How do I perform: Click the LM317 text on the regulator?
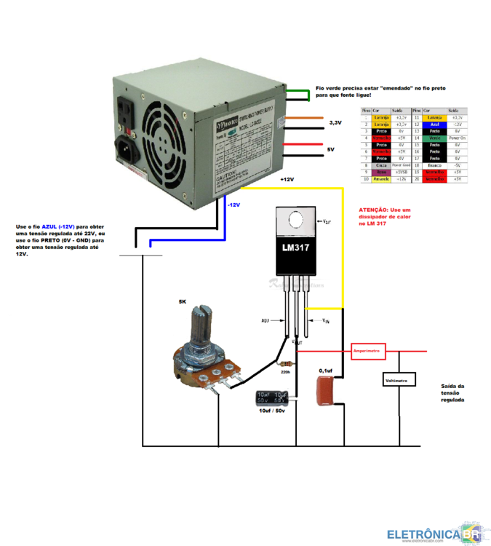(x=297, y=248)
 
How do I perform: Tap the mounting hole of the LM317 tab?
(x=296, y=220)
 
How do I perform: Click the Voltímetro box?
(x=399, y=380)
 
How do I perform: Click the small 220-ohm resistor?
(x=284, y=363)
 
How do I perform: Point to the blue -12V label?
(x=233, y=205)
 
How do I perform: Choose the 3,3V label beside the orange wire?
(x=335, y=123)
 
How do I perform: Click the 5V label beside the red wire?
(x=330, y=149)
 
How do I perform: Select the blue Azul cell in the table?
(x=435, y=124)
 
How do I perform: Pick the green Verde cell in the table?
(x=435, y=138)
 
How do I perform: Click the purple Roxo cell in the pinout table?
(x=380, y=172)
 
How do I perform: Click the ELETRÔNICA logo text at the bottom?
(x=423, y=535)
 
